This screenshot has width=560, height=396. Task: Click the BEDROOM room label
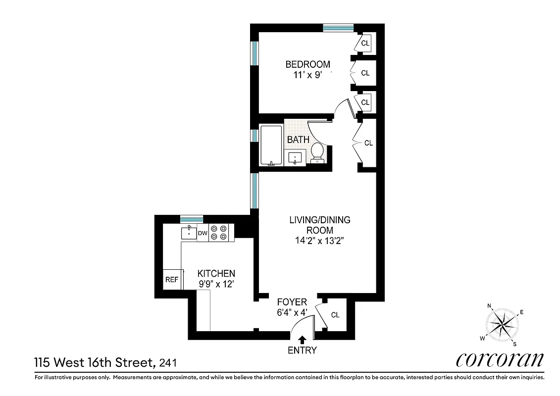[x=307, y=64]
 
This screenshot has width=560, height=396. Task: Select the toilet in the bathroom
[x=317, y=153]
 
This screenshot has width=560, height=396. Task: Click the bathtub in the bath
[x=270, y=146]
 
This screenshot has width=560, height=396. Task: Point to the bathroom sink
[x=296, y=158]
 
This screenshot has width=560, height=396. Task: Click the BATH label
[x=298, y=140]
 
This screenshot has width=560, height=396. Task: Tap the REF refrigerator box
[x=172, y=280]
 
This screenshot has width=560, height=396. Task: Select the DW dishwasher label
[x=203, y=233]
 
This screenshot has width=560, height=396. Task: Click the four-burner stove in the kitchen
[x=218, y=233]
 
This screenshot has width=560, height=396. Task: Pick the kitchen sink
[x=189, y=232]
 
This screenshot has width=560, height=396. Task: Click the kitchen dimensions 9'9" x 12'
[x=216, y=285]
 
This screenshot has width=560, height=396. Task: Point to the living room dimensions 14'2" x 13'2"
[x=319, y=242]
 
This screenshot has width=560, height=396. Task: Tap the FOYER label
[x=292, y=302]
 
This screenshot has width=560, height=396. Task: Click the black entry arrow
[x=302, y=340]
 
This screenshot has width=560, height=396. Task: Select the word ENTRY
[x=302, y=350]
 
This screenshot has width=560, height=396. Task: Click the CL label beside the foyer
[x=335, y=315]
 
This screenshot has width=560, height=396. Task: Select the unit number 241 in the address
[x=166, y=363]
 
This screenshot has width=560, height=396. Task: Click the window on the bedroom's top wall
[x=338, y=28]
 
